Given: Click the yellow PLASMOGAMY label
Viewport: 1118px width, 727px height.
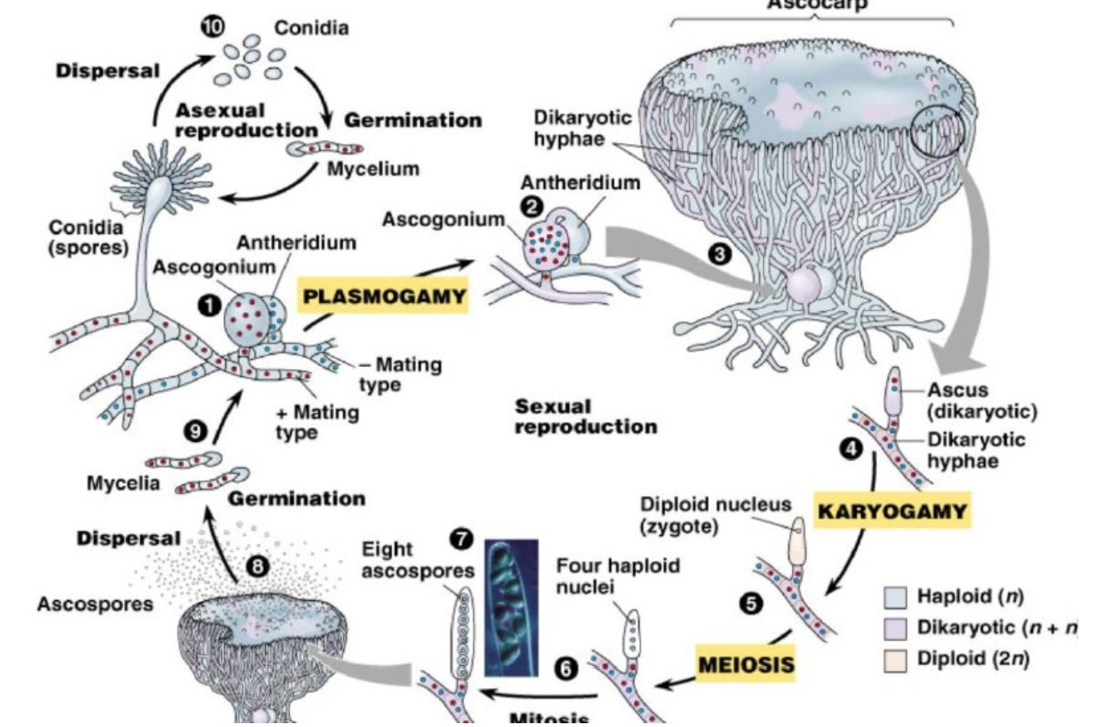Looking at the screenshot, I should (385, 296).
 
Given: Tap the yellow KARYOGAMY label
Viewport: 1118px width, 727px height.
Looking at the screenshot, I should (892, 511).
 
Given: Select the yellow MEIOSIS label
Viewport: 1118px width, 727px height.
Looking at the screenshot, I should (746, 664).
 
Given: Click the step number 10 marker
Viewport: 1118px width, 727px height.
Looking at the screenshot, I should (213, 26).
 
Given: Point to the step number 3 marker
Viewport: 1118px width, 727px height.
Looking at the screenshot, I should (719, 254).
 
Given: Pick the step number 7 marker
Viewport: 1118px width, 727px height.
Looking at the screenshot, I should (461, 539).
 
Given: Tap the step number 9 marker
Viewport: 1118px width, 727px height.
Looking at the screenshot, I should (196, 431).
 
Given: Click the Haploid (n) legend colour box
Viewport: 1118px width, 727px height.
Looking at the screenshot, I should (895, 597).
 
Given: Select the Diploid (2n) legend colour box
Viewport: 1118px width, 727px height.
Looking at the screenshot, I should (895, 660).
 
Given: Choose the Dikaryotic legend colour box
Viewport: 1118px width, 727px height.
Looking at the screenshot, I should (895, 628).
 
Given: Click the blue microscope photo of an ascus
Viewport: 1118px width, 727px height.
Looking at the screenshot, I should (511, 608).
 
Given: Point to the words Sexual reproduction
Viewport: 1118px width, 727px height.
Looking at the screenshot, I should (585, 417).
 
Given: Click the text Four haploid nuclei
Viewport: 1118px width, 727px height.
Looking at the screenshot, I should (617, 576).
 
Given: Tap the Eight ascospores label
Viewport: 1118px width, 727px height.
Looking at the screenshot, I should (418, 560).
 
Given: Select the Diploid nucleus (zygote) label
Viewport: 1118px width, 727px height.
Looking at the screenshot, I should (715, 515).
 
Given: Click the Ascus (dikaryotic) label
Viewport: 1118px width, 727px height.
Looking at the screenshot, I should (982, 401).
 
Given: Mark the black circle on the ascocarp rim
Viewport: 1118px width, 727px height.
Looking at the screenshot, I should (938, 131).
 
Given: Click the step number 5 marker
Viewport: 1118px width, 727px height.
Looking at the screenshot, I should (751, 604).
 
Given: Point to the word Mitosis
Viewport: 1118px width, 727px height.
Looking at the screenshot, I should (549, 717).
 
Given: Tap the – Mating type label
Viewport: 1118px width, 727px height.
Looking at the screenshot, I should (401, 374).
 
